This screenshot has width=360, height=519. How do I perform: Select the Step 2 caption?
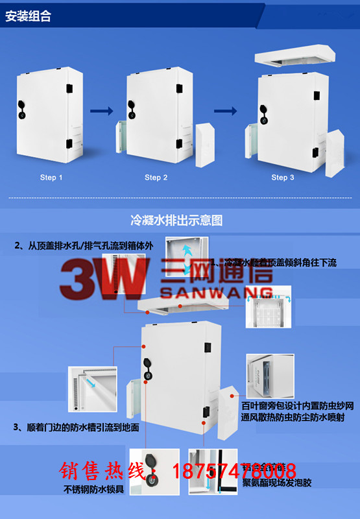point(156,177)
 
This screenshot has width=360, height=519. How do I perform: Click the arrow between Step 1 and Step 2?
point(101,111)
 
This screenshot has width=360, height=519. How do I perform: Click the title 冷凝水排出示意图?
point(177,221)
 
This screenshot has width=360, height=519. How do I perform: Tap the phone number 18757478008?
point(234,470)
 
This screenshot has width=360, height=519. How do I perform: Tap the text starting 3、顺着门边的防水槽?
point(76,428)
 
